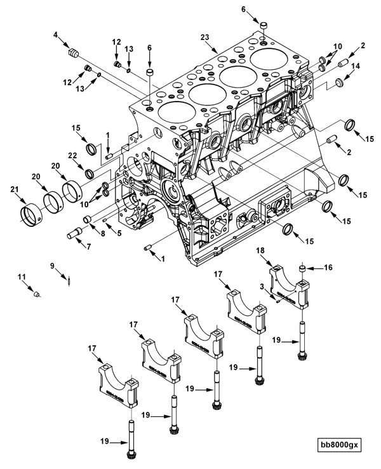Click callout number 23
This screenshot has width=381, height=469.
[x=205, y=37]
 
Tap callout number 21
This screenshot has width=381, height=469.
[x=15, y=189]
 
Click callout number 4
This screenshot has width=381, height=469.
[x=55, y=35]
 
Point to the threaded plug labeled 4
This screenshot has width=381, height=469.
[x=74, y=53]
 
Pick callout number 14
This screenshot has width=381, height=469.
[x=356, y=66]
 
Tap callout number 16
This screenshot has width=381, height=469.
[x=328, y=267]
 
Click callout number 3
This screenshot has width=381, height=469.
[x=262, y=287]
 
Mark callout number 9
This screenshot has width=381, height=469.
[x=52, y=265]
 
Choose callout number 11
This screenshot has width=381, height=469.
[x=22, y=277]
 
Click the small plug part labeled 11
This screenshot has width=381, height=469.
[x=37, y=294]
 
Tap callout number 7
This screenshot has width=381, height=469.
[x=88, y=247]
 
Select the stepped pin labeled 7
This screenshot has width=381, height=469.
[x=75, y=233]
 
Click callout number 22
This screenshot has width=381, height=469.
[x=72, y=156]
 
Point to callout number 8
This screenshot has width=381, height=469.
[x=103, y=234]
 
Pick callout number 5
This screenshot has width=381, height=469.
[x=119, y=233]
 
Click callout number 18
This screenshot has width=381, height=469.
[x=260, y=250]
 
